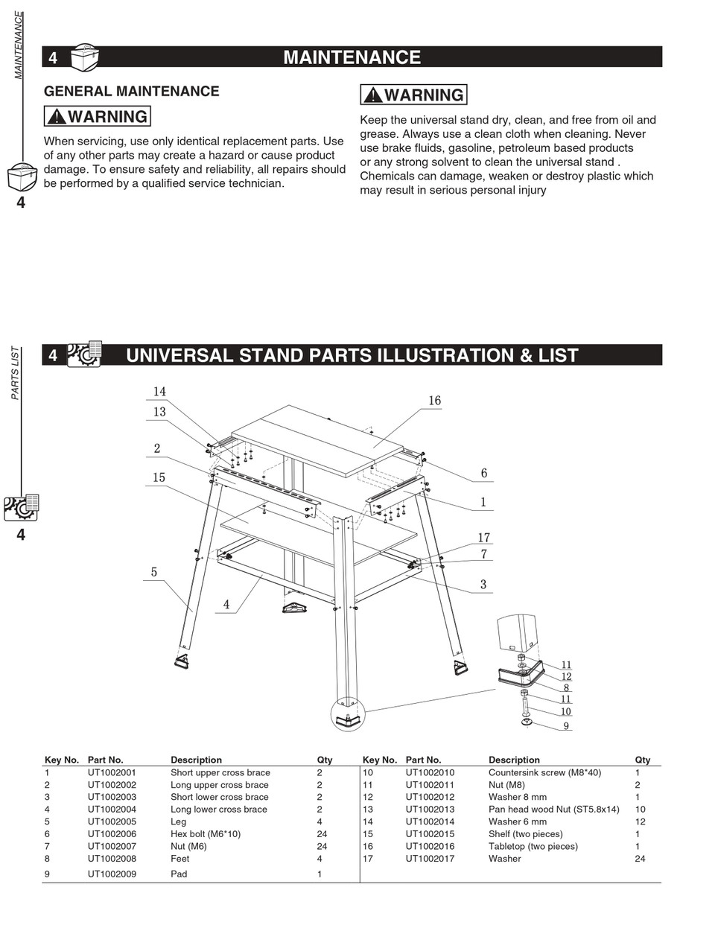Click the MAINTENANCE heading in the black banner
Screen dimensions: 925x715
[x=352, y=57]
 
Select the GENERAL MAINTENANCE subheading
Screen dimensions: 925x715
[x=131, y=92]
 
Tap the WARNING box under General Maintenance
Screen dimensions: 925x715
[x=98, y=117]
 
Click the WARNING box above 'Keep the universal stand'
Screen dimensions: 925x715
[x=413, y=95]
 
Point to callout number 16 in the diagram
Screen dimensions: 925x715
[x=434, y=401]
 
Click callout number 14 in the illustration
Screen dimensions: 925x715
[x=159, y=392]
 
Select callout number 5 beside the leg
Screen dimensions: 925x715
[x=154, y=572]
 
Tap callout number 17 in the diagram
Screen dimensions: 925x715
[x=483, y=538]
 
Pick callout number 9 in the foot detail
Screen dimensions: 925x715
[x=566, y=726]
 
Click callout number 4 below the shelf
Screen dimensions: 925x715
[x=226, y=605]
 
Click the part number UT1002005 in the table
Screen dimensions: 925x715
[x=112, y=821]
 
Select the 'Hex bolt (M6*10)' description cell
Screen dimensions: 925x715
[x=206, y=834]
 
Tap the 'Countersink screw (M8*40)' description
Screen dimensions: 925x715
[x=544, y=772]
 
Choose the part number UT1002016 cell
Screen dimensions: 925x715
[x=430, y=846]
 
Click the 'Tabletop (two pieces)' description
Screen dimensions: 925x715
[x=533, y=846]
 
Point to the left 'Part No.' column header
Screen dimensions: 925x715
[x=105, y=760]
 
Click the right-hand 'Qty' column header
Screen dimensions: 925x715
[x=642, y=760]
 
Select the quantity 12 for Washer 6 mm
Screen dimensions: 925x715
[x=640, y=821]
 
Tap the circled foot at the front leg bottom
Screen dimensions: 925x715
[x=348, y=716]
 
